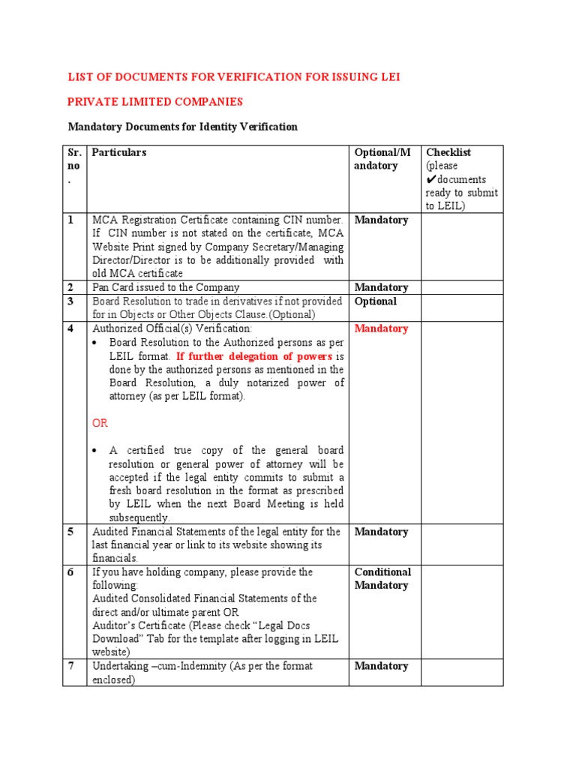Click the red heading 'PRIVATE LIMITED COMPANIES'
[156, 102]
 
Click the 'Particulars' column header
[119, 152]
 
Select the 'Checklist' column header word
[448, 152]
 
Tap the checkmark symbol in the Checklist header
[430, 180]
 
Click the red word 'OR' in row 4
[100, 423]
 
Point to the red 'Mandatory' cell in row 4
[381, 328]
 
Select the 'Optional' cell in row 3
[376, 301]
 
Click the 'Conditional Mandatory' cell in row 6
[382, 578]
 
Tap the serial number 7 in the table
[71, 666]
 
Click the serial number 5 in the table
[71, 532]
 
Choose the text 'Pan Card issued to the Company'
[166, 287]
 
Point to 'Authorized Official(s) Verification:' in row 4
[172, 328]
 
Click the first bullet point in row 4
[97, 343]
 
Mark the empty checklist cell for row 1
[461, 247]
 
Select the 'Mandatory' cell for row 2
[381, 287]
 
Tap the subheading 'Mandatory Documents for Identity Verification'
[183, 127]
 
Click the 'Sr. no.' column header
[74, 166]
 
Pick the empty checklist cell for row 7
[461, 673]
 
